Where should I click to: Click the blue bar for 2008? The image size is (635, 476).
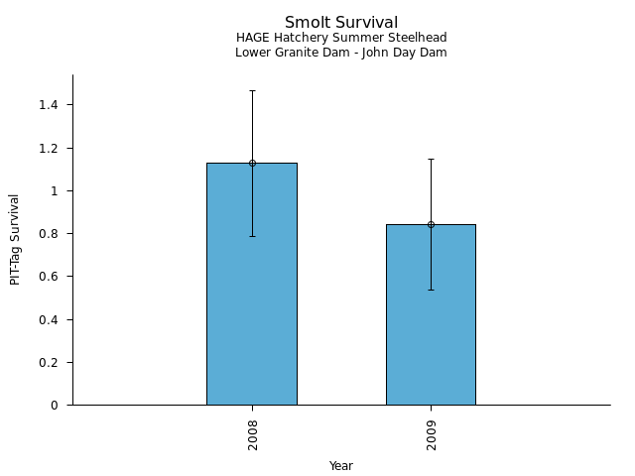pyautogui.click(x=252, y=297)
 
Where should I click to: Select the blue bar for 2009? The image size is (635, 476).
pyautogui.click(x=431, y=327)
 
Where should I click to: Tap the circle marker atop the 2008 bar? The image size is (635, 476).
pyautogui.click(x=252, y=163)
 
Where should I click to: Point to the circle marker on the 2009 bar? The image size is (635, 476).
pyautogui.click(x=431, y=224)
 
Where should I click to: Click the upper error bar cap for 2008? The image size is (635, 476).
pyautogui.click(x=252, y=90)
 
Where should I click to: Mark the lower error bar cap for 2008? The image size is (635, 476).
pyautogui.click(x=252, y=236)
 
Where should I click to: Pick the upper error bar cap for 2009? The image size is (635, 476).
pyautogui.click(x=431, y=159)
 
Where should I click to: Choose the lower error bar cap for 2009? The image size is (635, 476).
pyautogui.click(x=431, y=290)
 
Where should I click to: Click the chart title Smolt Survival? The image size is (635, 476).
pyautogui.click(x=341, y=22)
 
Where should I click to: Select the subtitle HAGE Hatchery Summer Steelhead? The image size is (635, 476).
pyautogui.click(x=341, y=38)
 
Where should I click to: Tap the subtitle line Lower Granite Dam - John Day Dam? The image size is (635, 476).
pyautogui.click(x=341, y=53)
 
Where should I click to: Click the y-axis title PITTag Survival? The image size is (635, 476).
pyautogui.click(x=15, y=239)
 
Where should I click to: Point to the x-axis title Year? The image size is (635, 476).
pyautogui.click(x=341, y=466)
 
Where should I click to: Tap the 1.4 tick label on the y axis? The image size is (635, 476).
pyautogui.click(x=49, y=105)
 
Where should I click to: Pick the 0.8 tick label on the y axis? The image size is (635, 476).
pyautogui.click(x=49, y=234)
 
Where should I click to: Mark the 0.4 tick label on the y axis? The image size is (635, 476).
pyautogui.click(x=49, y=319)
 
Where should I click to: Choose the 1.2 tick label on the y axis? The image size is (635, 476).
pyautogui.click(x=49, y=148)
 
